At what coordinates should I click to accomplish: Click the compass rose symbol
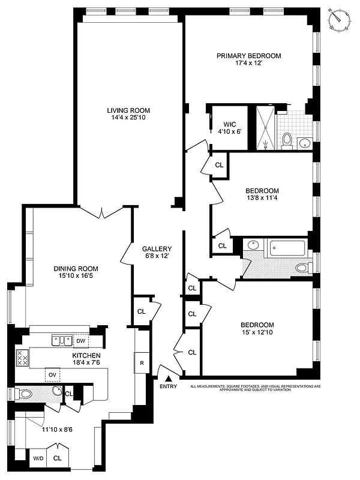340,19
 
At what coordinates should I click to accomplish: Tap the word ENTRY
169,387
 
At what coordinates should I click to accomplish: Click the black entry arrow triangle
169,378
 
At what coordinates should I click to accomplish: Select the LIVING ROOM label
128,110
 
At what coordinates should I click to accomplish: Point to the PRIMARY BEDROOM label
248,56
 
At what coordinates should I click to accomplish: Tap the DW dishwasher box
80,341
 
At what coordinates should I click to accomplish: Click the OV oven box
52,376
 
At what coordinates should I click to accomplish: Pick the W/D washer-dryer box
38,458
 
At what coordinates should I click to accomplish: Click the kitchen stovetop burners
22,358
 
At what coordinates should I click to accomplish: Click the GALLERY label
157,249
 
